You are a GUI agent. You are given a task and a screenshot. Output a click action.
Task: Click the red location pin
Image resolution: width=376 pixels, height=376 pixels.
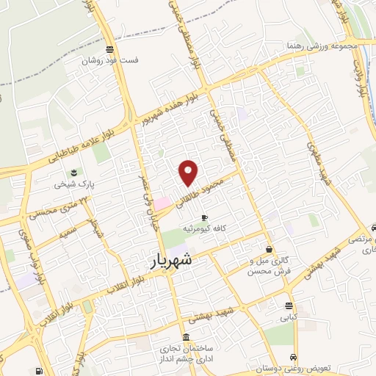(x=189, y=173)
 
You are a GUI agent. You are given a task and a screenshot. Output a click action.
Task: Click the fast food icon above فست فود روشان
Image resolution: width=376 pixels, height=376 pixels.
(x=109, y=50)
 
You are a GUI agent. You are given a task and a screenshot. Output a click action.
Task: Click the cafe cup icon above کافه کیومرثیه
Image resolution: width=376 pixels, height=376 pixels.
(x=204, y=218)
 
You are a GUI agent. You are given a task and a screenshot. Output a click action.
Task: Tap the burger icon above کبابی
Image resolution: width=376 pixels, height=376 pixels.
(x=288, y=306)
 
